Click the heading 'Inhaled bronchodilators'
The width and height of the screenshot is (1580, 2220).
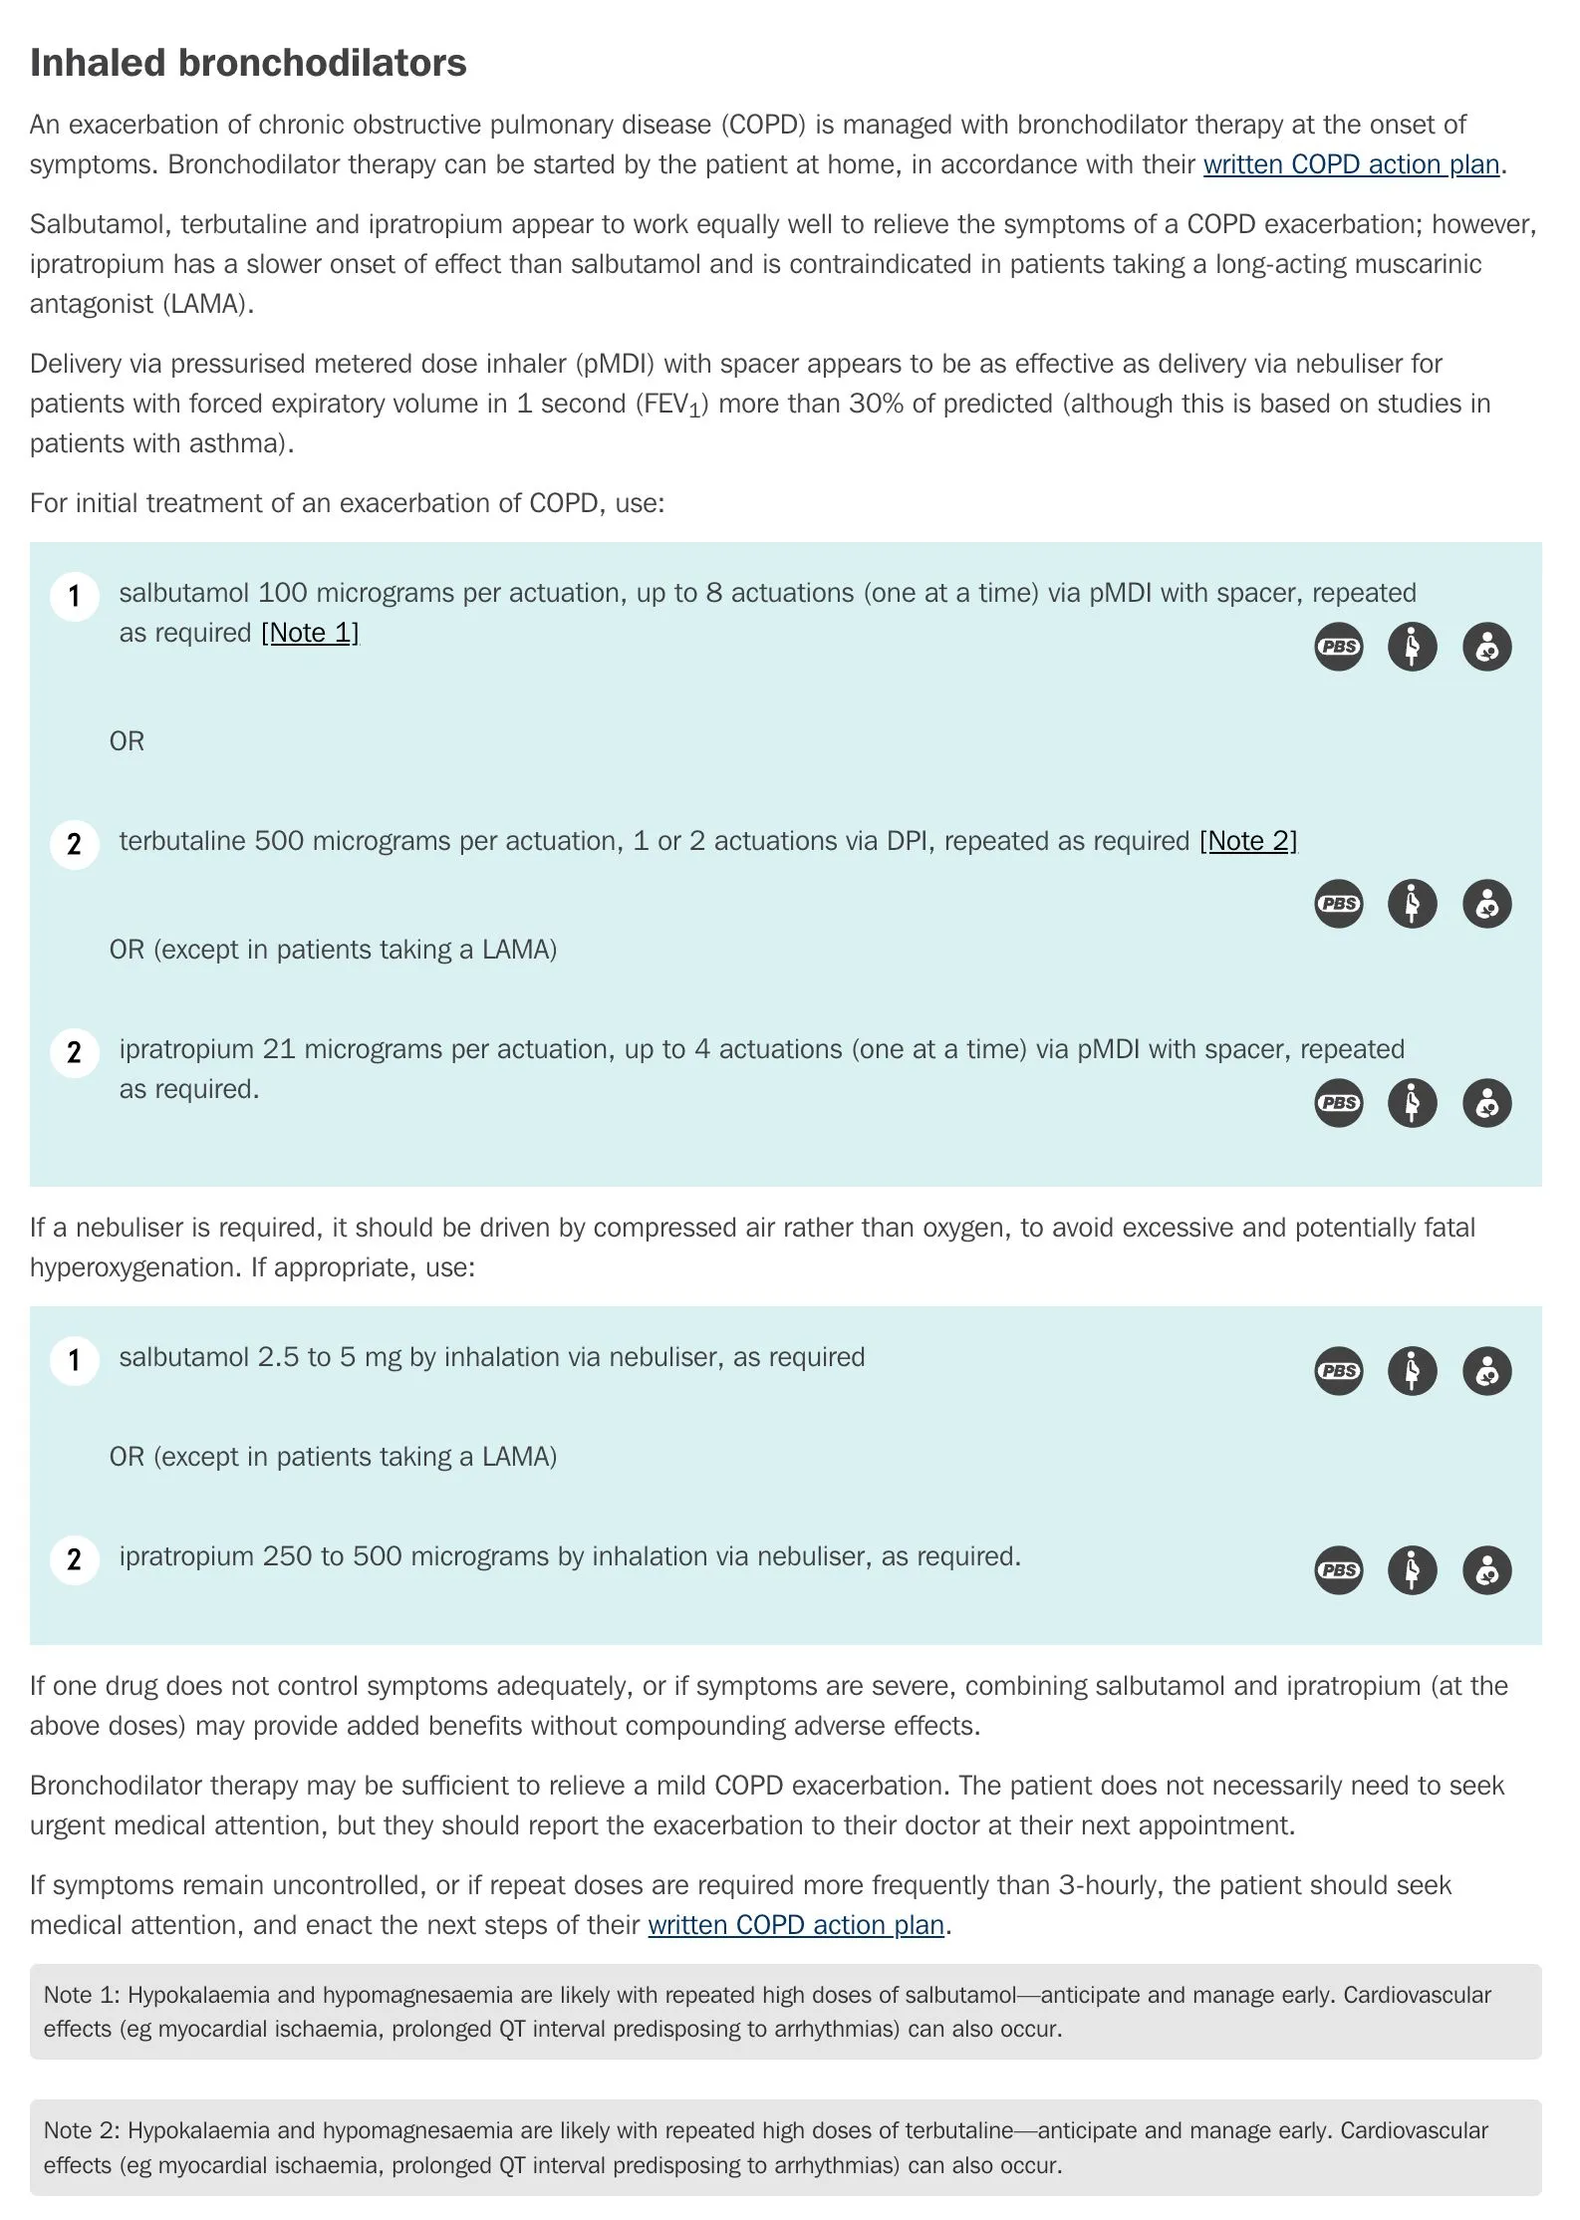pyautogui.click(x=248, y=63)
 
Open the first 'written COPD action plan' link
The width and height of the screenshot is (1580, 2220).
pyautogui.click(x=1351, y=164)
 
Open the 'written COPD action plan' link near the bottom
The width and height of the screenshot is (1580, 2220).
pyautogui.click(x=796, y=1924)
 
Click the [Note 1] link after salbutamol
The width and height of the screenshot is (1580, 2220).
pyautogui.click(x=310, y=633)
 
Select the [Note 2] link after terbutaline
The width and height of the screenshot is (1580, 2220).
pyautogui.click(x=1248, y=841)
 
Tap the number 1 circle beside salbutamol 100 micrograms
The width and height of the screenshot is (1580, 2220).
pyautogui.click(x=74, y=596)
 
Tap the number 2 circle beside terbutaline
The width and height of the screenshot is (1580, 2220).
pyautogui.click(x=74, y=844)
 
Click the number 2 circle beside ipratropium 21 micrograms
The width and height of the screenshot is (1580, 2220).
pyautogui.click(x=74, y=1052)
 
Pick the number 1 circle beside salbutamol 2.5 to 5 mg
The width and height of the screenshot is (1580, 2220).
pyautogui.click(x=74, y=1360)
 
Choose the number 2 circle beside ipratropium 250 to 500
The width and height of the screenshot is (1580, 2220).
pyautogui.click(x=74, y=1559)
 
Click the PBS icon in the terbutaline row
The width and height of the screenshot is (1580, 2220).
pyautogui.click(x=1338, y=904)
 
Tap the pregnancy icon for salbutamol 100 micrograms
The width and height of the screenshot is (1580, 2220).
pyautogui.click(x=1412, y=647)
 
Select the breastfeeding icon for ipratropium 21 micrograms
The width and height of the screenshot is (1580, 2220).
pyautogui.click(x=1486, y=1103)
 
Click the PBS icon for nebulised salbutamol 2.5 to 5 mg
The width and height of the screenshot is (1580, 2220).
pyautogui.click(x=1338, y=1371)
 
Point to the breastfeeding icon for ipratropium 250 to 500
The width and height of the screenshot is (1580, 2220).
pyautogui.click(x=1486, y=1570)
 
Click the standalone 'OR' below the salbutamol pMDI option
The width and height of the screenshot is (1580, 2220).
pyautogui.click(x=127, y=741)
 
